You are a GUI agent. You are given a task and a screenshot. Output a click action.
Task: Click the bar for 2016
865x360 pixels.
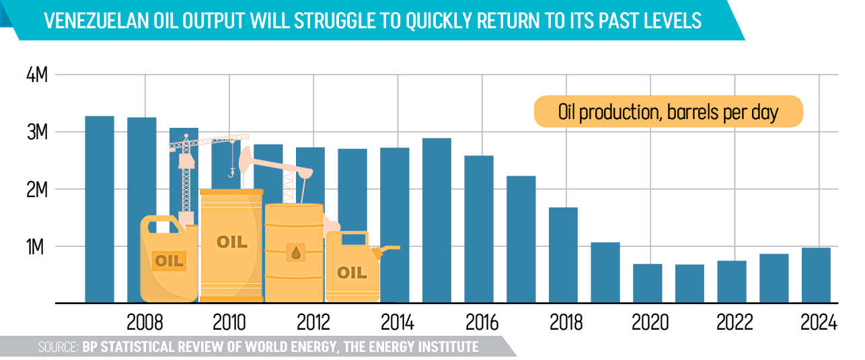[x=479, y=229]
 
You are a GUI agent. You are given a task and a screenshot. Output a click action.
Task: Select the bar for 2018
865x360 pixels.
[x=563, y=255]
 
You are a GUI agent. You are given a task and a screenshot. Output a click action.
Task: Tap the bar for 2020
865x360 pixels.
[x=647, y=283]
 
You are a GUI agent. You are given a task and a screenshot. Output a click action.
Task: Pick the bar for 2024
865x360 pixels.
[x=816, y=275]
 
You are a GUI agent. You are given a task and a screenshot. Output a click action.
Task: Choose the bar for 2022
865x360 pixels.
[x=731, y=281]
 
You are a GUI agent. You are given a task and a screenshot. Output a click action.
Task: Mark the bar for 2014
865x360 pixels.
[x=394, y=225]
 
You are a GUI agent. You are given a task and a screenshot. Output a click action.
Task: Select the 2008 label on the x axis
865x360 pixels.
[x=145, y=323]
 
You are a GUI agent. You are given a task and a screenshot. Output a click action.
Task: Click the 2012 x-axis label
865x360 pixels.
[x=313, y=323]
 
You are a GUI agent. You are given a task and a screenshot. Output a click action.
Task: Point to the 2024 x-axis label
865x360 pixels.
[x=818, y=323]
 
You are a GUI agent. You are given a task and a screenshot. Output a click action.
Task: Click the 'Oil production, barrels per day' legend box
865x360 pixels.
[x=668, y=112]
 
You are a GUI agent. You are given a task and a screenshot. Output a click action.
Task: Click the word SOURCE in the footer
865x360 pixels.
[x=58, y=347]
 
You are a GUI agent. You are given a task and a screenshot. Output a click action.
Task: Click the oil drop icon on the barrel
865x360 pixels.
[x=295, y=253]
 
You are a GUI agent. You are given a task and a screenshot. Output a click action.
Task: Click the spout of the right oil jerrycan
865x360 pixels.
[x=389, y=250]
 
